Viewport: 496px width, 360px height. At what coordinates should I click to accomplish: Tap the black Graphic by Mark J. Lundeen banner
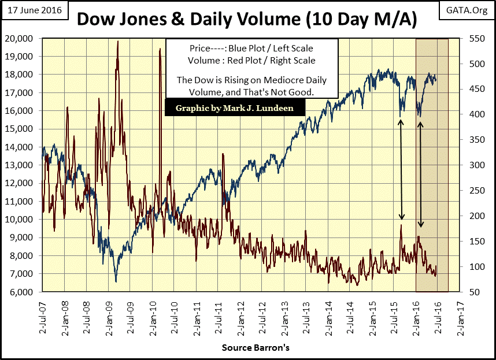coord(234,108)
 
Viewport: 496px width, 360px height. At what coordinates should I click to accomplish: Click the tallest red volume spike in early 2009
coord(118,42)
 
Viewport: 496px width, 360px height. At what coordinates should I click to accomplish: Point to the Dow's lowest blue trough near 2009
coord(116,281)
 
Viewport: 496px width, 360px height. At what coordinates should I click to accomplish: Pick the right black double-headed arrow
coord(421,174)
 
